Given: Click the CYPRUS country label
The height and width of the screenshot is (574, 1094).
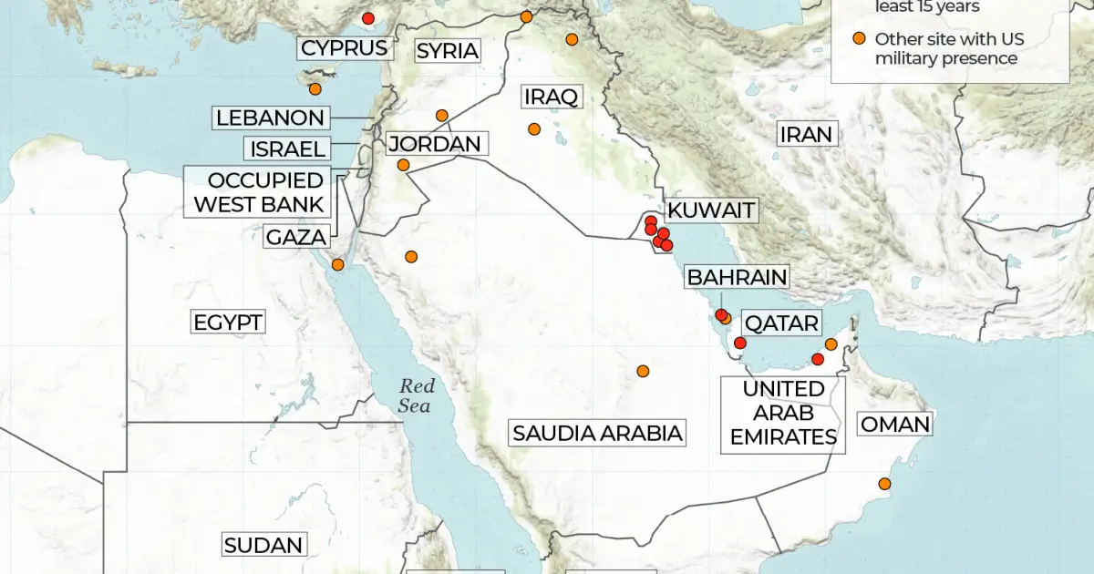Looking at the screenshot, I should pyautogui.click(x=345, y=48).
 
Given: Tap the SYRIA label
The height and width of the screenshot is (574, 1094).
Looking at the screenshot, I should pyautogui.click(x=447, y=51).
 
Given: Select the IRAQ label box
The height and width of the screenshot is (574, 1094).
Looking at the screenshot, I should pyautogui.click(x=551, y=97).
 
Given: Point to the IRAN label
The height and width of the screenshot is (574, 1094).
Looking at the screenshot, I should pyautogui.click(x=805, y=135).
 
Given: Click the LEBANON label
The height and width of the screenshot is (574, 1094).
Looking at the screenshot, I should pyautogui.click(x=270, y=118).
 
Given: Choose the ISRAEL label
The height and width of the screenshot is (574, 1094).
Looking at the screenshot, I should pyautogui.click(x=285, y=149).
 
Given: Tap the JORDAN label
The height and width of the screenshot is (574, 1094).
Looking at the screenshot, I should pyautogui.click(x=434, y=144).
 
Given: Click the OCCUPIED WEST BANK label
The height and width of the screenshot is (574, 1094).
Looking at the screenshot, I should pyautogui.click(x=259, y=192).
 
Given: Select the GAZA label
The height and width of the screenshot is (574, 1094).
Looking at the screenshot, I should pyautogui.click(x=296, y=237).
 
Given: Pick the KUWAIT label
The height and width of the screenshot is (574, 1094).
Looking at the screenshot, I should pyautogui.click(x=711, y=210).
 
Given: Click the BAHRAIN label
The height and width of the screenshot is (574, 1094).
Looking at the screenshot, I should pyautogui.click(x=737, y=277).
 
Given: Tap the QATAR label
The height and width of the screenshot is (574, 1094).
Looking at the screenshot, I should pyautogui.click(x=782, y=323).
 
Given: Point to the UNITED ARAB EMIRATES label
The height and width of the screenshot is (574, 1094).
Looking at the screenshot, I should pyautogui.click(x=783, y=413).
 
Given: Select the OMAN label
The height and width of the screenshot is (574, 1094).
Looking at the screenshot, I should pyautogui.click(x=895, y=424).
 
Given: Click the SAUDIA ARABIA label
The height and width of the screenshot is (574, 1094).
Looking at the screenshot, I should pyautogui.click(x=597, y=433).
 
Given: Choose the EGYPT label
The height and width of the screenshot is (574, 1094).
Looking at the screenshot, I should pyautogui.click(x=228, y=322).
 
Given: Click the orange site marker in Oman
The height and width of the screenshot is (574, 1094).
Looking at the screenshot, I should pyautogui.click(x=883, y=484).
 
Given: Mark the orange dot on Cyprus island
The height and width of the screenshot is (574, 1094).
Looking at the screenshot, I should pyautogui.click(x=315, y=88).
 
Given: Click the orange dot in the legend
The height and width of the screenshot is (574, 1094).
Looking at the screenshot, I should pyautogui.click(x=858, y=38).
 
